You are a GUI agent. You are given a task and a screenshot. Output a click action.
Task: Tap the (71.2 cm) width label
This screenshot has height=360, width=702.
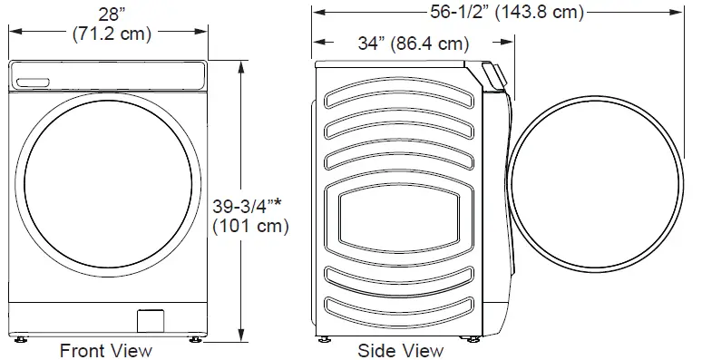click(112, 34)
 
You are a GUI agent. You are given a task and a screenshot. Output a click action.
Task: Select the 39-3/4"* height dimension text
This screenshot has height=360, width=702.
click(247, 206)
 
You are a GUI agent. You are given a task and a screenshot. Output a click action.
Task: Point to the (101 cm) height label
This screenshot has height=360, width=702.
click(250, 226)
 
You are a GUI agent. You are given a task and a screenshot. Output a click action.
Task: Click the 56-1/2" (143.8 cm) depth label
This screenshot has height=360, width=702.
click(507, 12)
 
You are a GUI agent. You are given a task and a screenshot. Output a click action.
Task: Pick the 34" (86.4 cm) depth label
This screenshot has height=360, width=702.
click(414, 44)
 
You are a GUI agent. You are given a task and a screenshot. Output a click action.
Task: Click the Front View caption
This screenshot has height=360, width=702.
click(105, 351)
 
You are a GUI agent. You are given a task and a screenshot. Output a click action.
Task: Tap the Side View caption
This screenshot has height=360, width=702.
click(401, 351)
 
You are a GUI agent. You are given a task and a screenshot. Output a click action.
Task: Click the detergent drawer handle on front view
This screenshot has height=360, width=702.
click(33, 83)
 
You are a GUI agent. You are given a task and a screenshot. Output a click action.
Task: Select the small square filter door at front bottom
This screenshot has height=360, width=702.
click(150, 321)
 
